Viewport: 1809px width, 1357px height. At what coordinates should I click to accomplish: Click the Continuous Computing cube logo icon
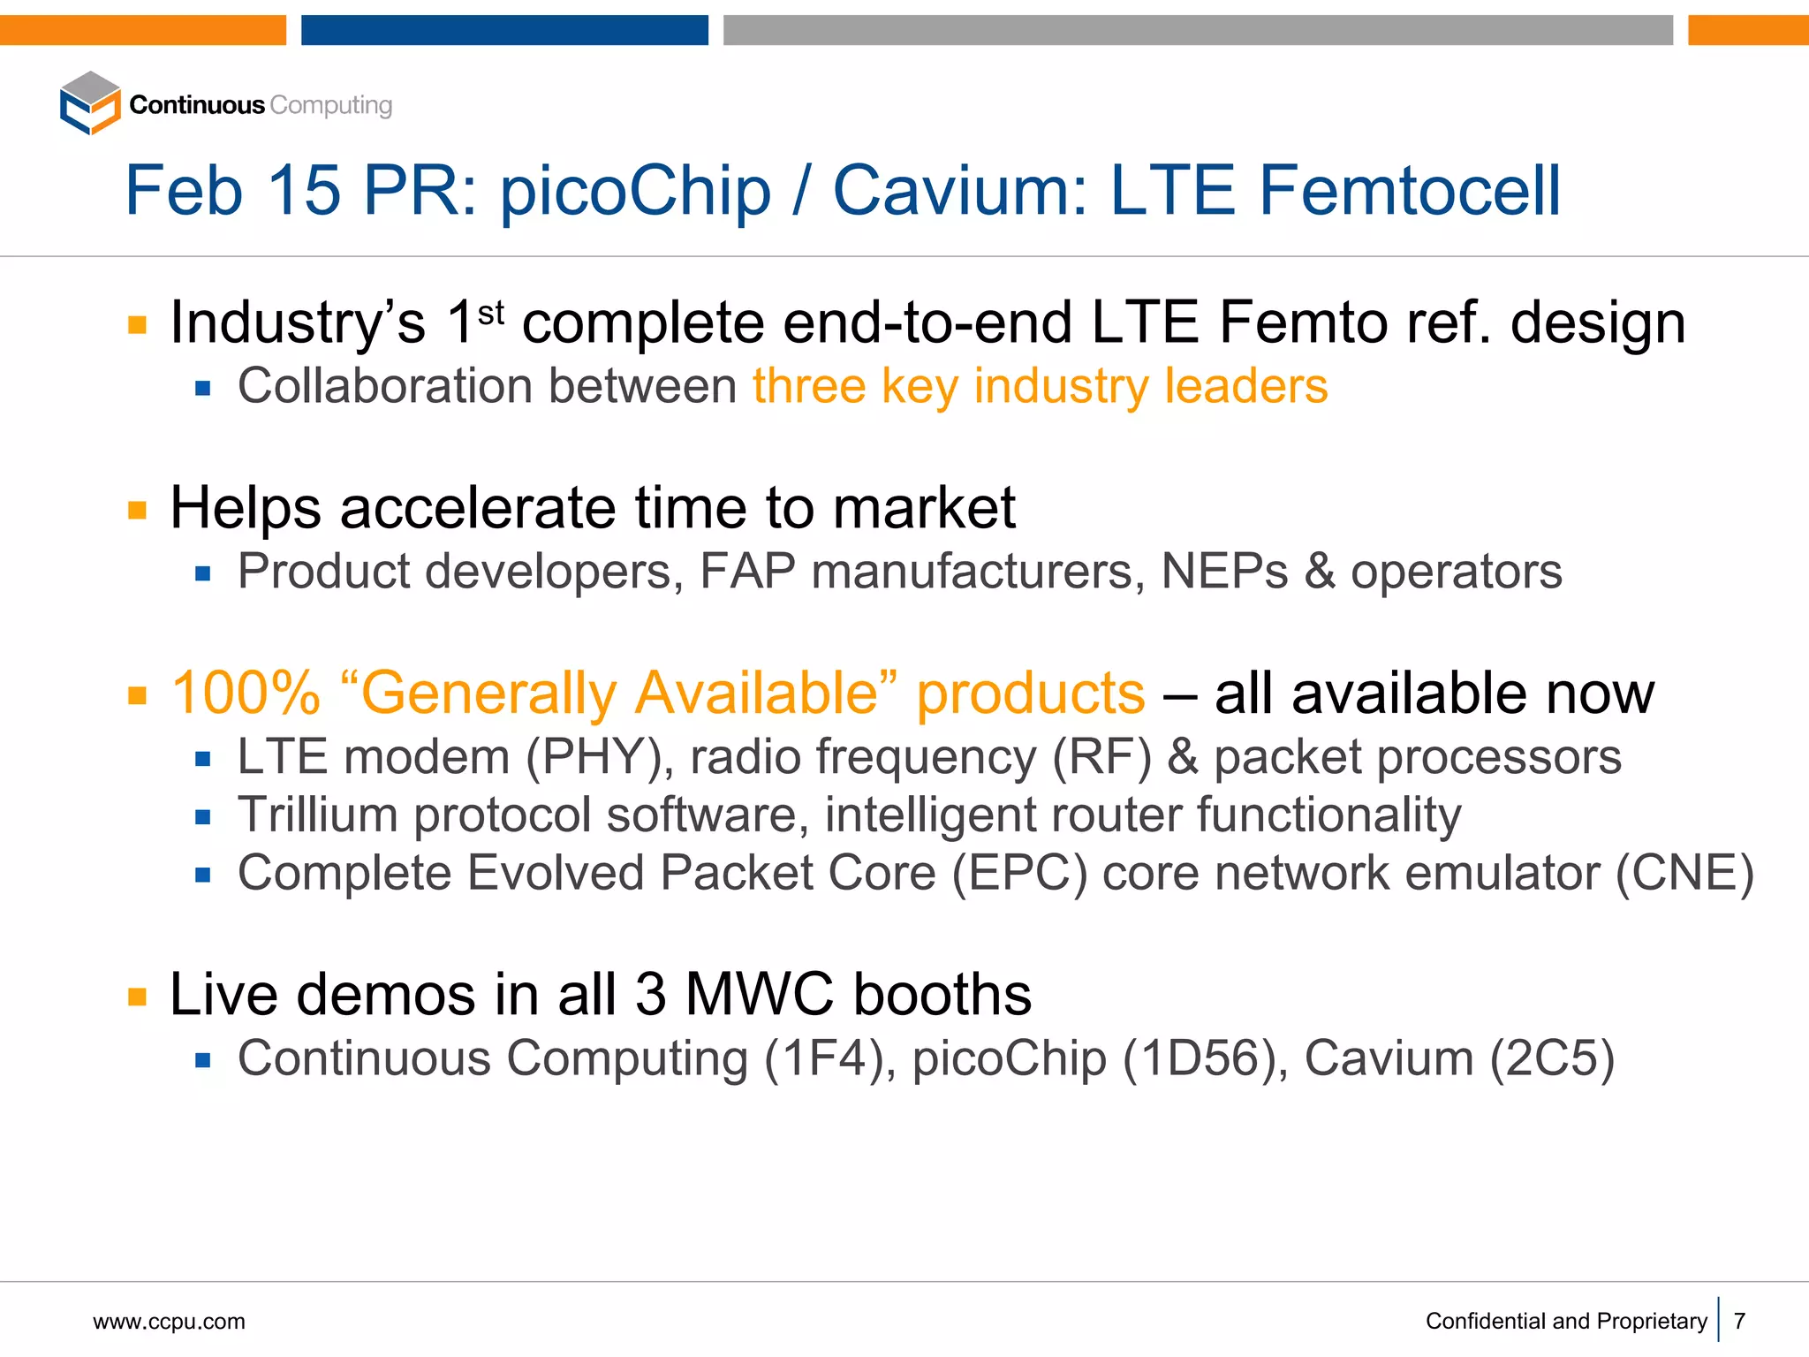90,103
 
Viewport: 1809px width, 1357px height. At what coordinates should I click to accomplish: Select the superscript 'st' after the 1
491,312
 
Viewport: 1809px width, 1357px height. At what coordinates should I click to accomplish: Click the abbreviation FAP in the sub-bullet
747,572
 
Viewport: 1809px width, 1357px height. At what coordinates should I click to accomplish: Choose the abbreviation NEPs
1224,572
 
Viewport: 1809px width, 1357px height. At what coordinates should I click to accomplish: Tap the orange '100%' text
246,694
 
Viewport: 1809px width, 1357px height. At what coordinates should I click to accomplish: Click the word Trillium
317,815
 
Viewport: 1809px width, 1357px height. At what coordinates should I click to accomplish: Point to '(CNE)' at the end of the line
1684,874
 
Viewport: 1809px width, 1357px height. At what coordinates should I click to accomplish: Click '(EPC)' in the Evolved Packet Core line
1019,874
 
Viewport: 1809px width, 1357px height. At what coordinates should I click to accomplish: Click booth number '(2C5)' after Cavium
1552,1058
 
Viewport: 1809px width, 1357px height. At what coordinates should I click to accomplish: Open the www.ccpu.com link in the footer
169,1322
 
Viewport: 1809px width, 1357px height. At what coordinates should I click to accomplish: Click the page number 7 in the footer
1739,1322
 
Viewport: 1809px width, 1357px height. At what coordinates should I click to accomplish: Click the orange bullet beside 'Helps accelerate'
137,510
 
